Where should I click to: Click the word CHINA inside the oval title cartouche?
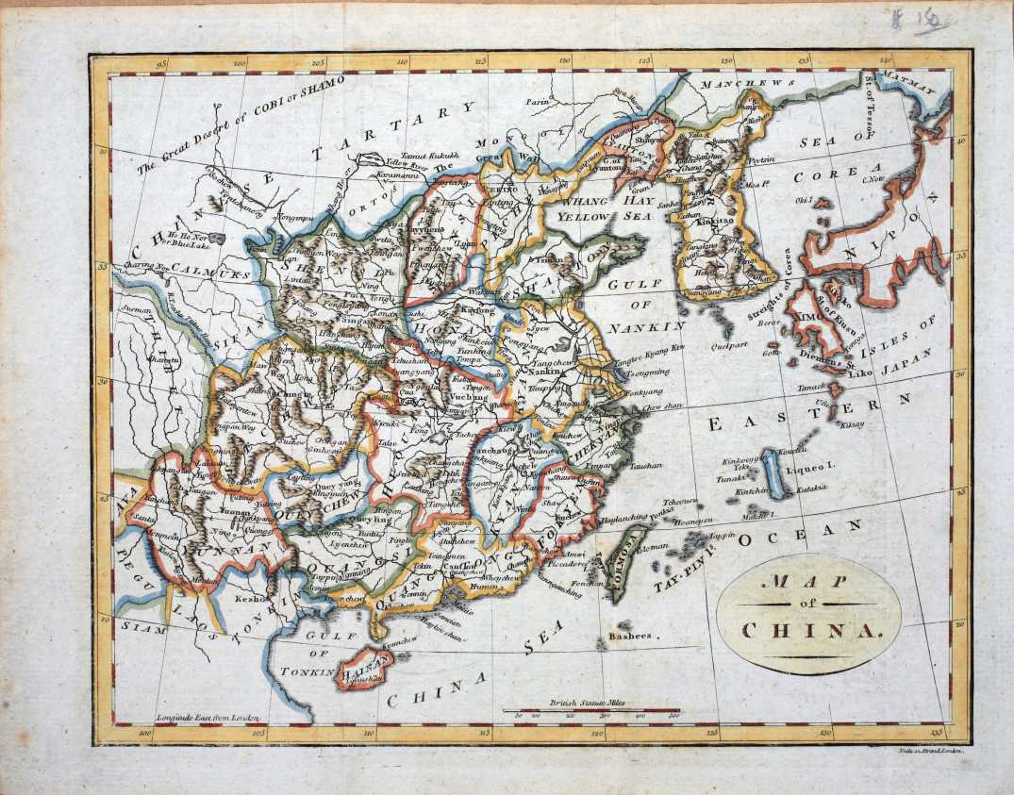[809, 630]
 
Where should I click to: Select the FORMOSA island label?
[624, 568]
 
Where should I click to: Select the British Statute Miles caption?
[590, 704]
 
